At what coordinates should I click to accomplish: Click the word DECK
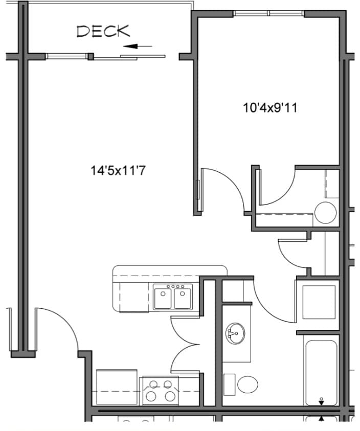click(103, 31)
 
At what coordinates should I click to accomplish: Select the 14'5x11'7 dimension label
click(119, 170)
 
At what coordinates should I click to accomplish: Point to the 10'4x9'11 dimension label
click(271, 107)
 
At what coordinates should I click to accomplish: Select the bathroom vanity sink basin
click(235, 334)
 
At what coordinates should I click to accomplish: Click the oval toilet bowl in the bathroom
click(248, 384)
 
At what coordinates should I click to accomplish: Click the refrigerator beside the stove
click(117, 388)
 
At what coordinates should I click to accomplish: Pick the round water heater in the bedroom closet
click(325, 212)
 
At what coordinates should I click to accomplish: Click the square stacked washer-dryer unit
click(317, 301)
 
